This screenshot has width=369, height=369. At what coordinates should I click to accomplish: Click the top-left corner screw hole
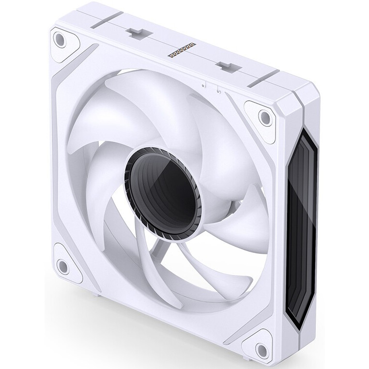tap(60, 40)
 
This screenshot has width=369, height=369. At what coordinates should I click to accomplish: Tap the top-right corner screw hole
tap(264, 117)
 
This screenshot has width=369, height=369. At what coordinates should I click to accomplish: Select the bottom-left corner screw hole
tap(63, 265)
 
